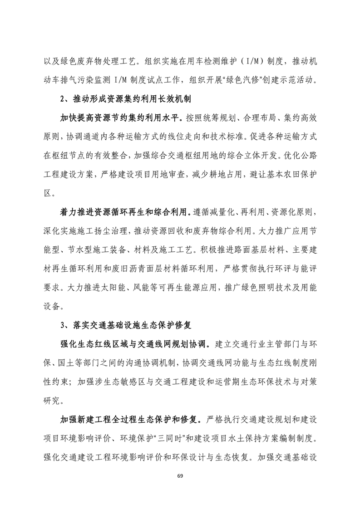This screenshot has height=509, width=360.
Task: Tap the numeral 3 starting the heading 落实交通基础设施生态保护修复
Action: (x=62, y=325)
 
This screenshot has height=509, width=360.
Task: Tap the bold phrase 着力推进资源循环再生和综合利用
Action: (x=126, y=212)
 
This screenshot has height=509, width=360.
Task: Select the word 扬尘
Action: (x=108, y=231)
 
